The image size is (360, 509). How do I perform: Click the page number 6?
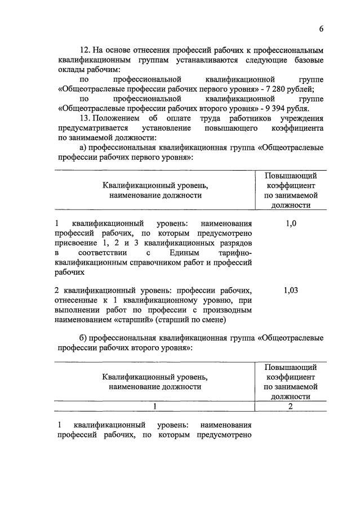(x=321, y=29)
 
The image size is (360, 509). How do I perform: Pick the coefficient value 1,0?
(x=291, y=224)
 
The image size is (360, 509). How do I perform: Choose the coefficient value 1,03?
(x=291, y=291)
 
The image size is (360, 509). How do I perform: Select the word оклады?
(x=69, y=69)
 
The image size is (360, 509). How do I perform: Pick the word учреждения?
(x=304, y=118)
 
